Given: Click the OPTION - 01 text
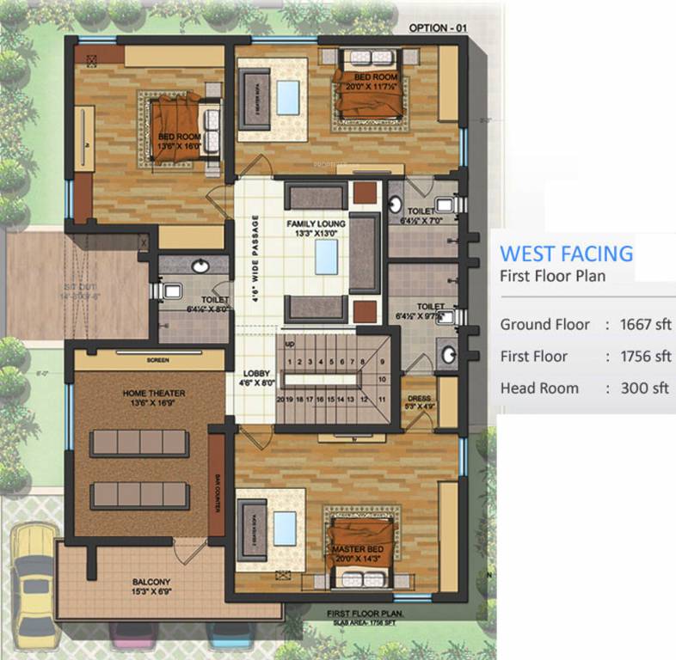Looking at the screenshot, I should point(438,27).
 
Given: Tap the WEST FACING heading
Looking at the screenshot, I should point(566,254).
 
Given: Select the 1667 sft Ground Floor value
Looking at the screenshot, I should point(645,324).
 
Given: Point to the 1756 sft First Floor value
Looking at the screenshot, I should point(645,356).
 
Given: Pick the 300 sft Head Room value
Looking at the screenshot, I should point(645,388).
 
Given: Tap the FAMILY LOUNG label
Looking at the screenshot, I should point(316,223).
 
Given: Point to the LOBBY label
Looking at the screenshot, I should point(255,374).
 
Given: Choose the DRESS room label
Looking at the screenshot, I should point(419,398).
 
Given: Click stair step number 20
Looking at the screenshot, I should point(280,400).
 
